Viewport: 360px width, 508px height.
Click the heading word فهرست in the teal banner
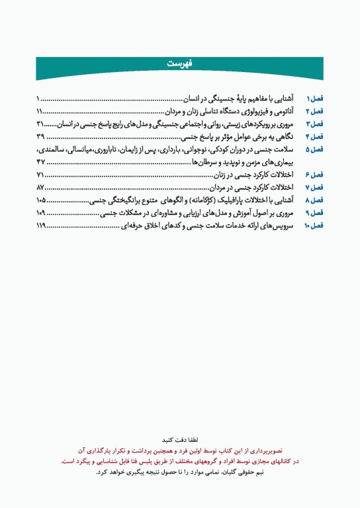coord(179,64)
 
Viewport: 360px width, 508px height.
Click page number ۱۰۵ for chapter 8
coord(42,200)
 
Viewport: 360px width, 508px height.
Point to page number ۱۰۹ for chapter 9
coord(42,213)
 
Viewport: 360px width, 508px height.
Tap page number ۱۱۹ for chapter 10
coord(42,226)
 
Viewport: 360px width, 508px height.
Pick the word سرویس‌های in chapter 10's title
coord(277,226)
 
